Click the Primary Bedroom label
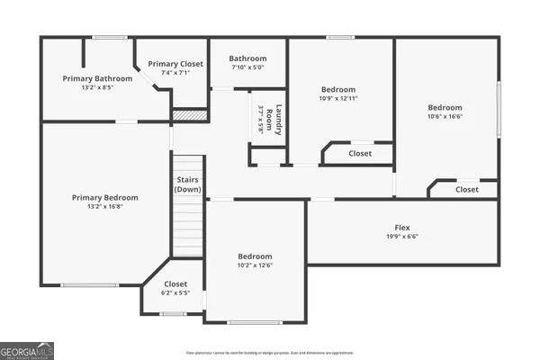pyautogui.click(x=105, y=198)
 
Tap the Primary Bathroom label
pyautogui.click(x=97, y=78)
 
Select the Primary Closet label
pyautogui.click(x=175, y=64)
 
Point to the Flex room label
pyautogui.click(x=402, y=228)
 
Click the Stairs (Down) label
pyautogui.click(x=188, y=184)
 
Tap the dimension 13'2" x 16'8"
pyautogui.click(x=105, y=207)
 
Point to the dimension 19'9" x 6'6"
pyautogui.click(x=402, y=237)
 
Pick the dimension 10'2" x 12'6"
pyautogui.click(x=255, y=265)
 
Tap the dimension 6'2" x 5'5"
pyautogui.click(x=175, y=292)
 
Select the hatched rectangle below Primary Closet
pyautogui.click(x=190, y=115)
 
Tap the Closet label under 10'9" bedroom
pyautogui.click(x=360, y=154)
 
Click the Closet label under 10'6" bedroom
pyautogui.click(x=467, y=190)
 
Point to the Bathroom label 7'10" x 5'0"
pyautogui.click(x=247, y=57)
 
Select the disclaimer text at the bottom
pyautogui.click(x=269, y=353)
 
